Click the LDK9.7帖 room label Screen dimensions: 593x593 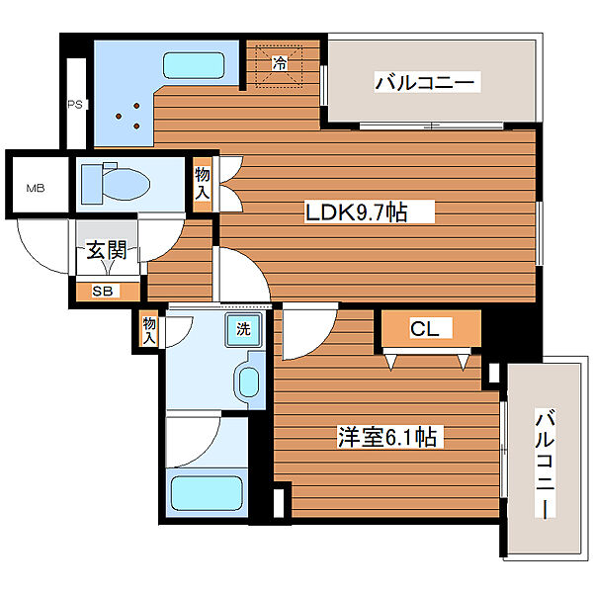pyautogui.click(x=356, y=212)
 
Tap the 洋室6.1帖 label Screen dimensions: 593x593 pyautogui.click(x=387, y=437)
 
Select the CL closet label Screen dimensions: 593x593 pyautogui.click(x=425, y=328)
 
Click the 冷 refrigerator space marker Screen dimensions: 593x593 pyautogui.click(x=280, y=63)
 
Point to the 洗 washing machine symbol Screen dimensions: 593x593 pyautogui.click(x=243, y=329)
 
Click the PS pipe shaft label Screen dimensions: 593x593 pyautogui.click(x=75, y=105)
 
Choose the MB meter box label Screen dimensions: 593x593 pyautogui.click(x=36, y=188)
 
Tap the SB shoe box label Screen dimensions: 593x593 pyautogui.click(x=103, y=292)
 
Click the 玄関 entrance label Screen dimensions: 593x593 pyautogui.click(x=107, y=250)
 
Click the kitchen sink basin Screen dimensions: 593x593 pyautogui.click(x=194, y=65)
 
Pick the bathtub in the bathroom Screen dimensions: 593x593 pyautogui.click(x=207, y=493)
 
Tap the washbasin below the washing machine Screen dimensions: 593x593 pyautogui.click(x=249, y=381)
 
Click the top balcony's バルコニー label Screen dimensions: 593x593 pyautogui.click(x=425, y=82)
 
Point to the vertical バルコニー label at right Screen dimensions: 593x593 pyautogui.click(x=545, y=464)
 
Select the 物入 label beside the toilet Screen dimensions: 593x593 pyautogui.click(x=203, y=184)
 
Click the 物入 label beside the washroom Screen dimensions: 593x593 pyautogui.click(x=149, y=330)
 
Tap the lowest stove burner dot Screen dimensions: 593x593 pyautogui.click(x=136, y=126)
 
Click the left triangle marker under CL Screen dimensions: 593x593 pyautogui.click(x=391, y=361)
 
